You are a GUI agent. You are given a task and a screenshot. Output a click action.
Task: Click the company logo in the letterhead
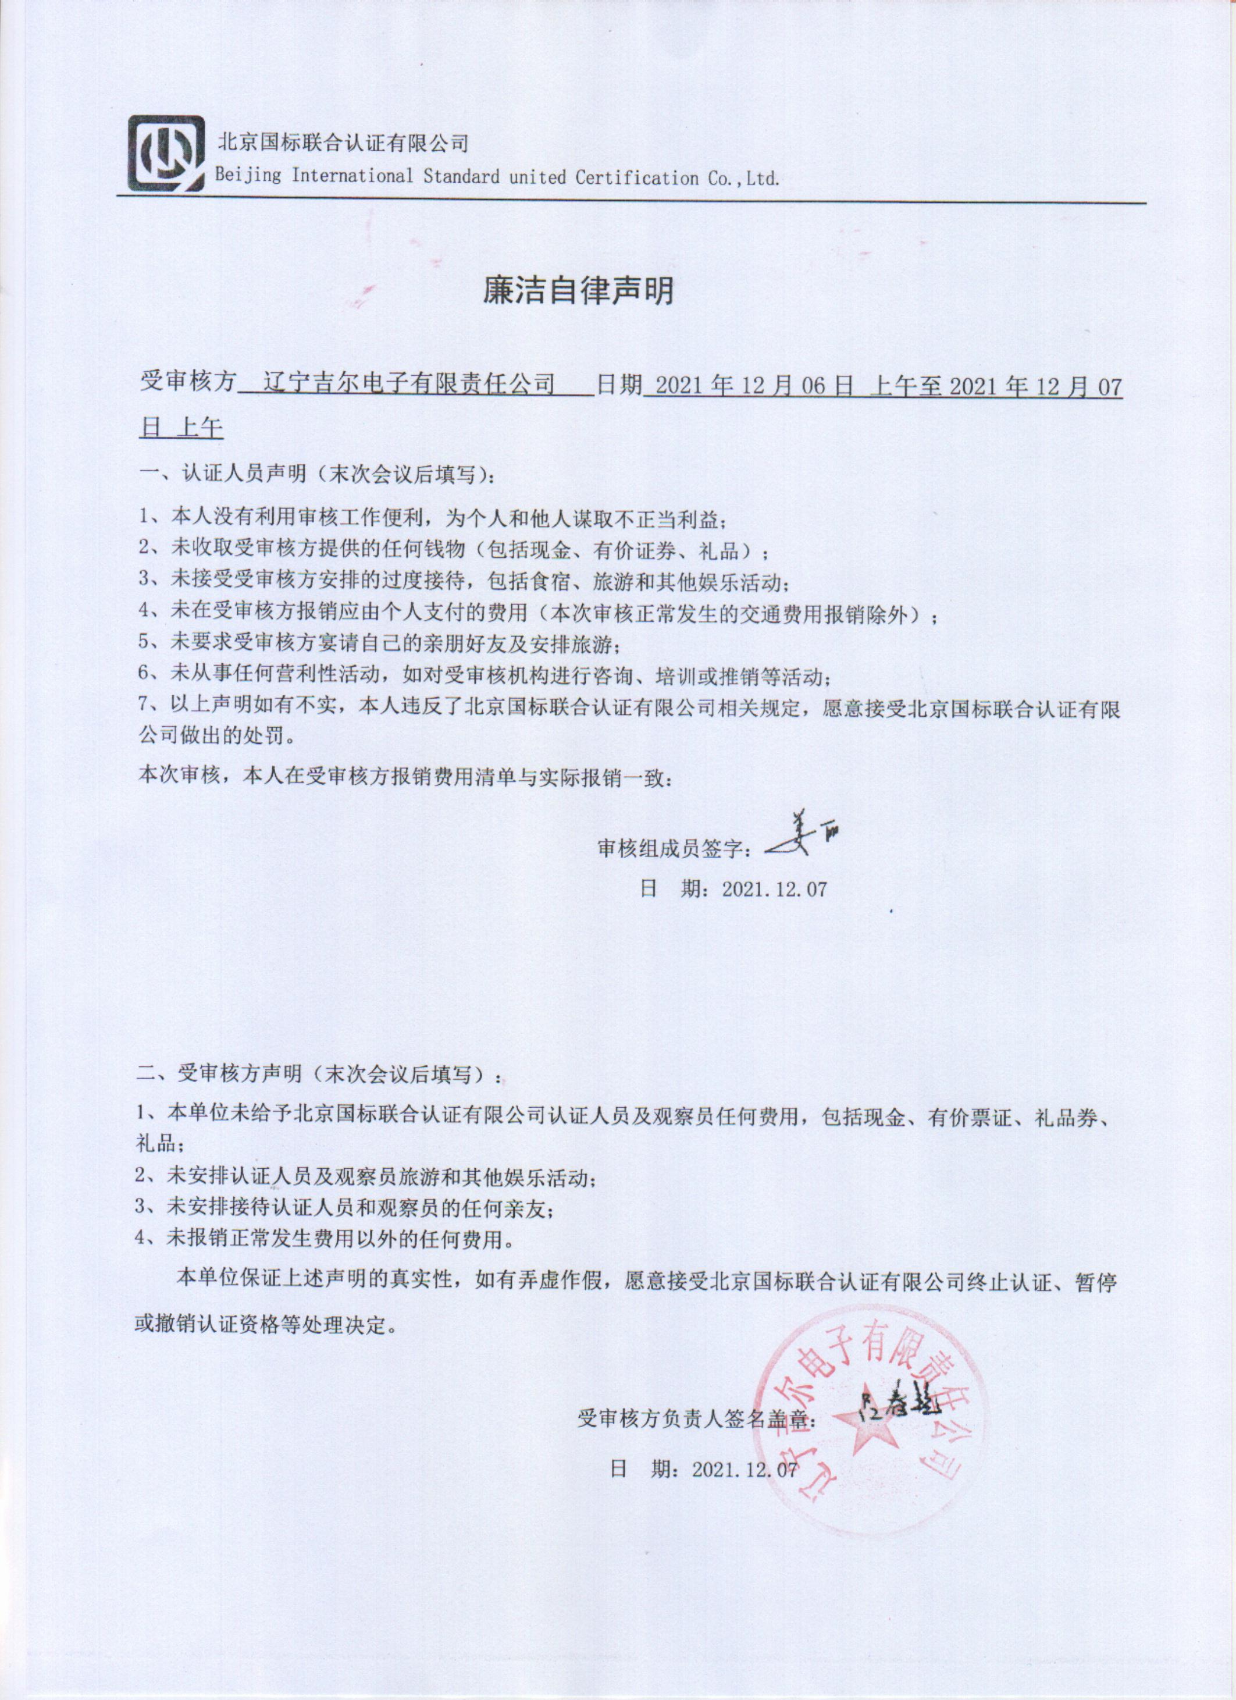coord(166,153)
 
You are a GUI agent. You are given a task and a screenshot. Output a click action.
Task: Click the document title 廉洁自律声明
coord(578,291)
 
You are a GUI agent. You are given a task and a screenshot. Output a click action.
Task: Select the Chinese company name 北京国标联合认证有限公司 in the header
coord(343,142)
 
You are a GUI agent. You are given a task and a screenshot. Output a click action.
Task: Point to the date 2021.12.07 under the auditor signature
coord(774,889)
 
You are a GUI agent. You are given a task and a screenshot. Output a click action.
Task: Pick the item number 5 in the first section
coord(145,643)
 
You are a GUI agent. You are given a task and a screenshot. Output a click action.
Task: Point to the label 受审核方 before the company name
coord(187,385)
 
